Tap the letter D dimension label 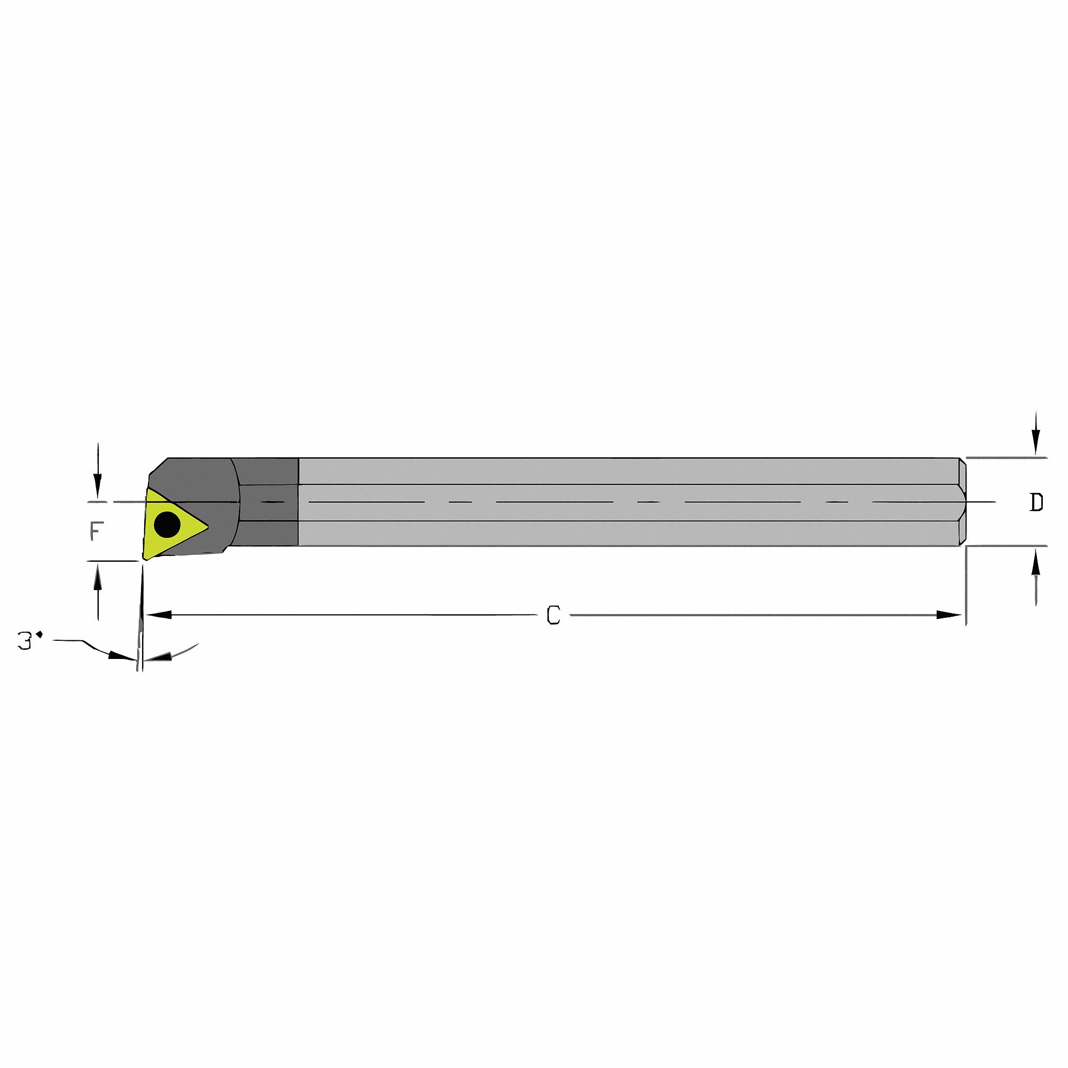coord(1036,502)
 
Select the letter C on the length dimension coord(553,615)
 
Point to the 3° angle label coord(30,641)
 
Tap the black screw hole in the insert coord(167,524)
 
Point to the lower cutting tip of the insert coord(145,559)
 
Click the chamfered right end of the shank coord(962,502)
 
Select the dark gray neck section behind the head coord(268,502)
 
